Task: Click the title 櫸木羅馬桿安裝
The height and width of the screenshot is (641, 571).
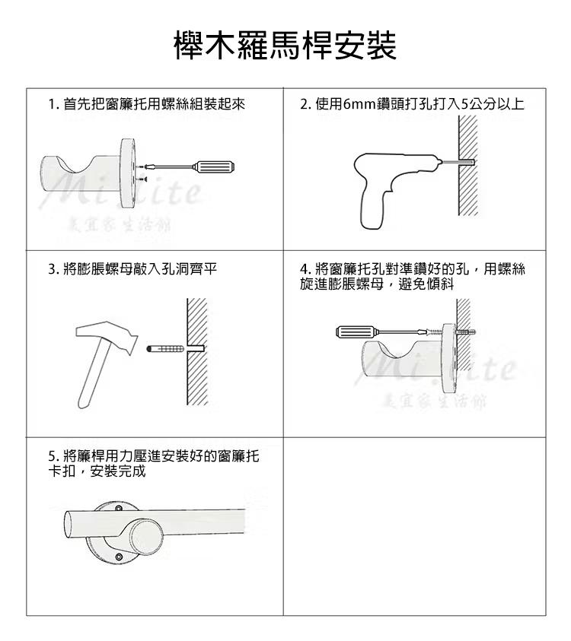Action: [285, 46]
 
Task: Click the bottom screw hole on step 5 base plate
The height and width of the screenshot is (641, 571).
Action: [118, 560]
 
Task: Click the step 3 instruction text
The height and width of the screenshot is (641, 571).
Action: [134, 268]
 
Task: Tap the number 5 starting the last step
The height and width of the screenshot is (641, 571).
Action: [51, 457]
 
